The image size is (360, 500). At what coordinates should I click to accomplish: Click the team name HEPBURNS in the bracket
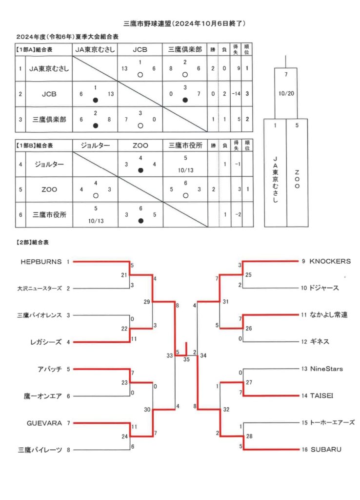(41, 262)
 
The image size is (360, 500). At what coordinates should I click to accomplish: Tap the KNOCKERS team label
(330, 262)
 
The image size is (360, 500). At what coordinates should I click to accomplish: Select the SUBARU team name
(326, 450)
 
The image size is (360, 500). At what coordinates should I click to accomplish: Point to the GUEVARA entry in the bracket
(44, 423)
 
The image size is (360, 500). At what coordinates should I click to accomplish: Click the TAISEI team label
(322, 396)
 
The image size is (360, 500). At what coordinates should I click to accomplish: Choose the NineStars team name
(326, 369)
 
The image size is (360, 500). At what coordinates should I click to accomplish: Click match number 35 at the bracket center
(186, 359)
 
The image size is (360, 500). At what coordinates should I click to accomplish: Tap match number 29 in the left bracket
(146, 302)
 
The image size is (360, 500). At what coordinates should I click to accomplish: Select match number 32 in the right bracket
(226, 410)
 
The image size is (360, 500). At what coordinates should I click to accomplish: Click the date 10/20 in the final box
(286, 93)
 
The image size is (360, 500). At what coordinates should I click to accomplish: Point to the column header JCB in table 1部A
(140, 50)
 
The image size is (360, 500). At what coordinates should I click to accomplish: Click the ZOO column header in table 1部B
(140, 146)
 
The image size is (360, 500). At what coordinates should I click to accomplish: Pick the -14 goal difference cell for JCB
(236, 94)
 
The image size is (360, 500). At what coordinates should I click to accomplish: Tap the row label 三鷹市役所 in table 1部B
(49, 215)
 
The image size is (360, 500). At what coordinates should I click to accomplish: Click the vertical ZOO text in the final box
(297, 179)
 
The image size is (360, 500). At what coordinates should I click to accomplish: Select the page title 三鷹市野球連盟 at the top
(147, 23)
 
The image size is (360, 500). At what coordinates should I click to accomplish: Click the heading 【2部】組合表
(33, 242)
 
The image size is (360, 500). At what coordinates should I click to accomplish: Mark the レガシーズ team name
(46, 342)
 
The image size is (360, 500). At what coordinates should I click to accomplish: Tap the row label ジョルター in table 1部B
(49, 164)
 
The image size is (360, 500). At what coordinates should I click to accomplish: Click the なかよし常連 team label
(329, 315)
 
